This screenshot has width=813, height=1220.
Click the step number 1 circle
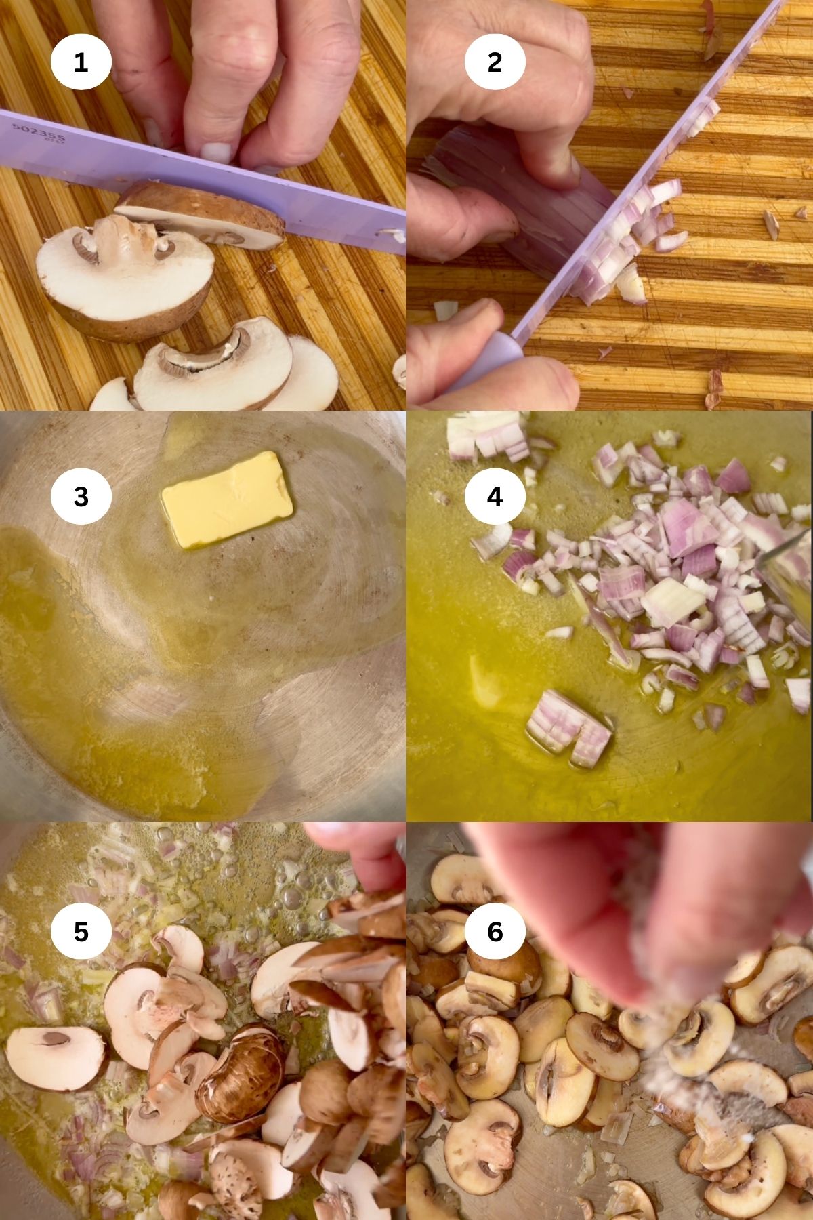tap(81, 63)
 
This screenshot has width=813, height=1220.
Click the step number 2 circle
tap(495, 63)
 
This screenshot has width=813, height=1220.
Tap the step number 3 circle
tap(81, 497)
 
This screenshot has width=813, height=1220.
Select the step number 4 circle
tap(495, 497)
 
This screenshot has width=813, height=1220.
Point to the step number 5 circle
tap(81, 932)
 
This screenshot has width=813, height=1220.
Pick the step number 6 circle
tap(495, 932)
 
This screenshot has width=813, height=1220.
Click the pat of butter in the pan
tap(227, 499)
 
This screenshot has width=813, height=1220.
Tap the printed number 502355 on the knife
tap(38, 133)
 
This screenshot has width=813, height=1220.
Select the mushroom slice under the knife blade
tap(203, 213)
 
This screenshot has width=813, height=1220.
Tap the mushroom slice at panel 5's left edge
tap(54, 1057)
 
